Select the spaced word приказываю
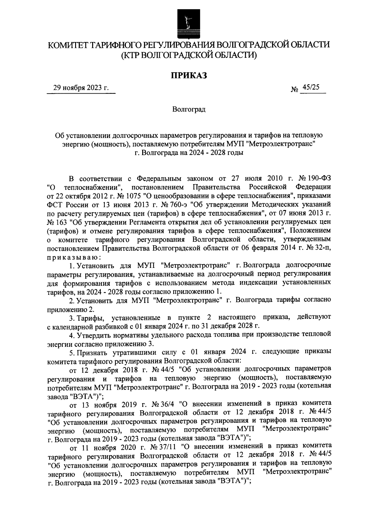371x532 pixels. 73,257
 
